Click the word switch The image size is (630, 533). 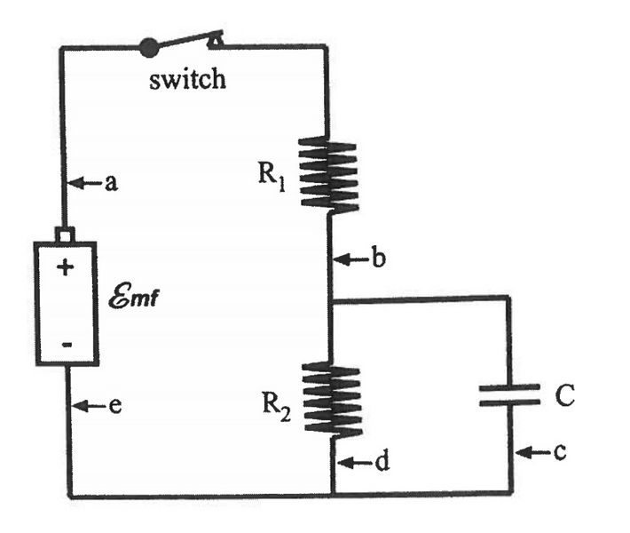point(187,79)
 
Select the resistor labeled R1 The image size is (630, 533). point(328,174)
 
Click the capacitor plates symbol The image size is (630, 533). point(509,394)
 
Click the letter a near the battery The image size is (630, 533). point(112,183)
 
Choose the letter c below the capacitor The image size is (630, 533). point(559,453)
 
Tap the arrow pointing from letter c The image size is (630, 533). point(531,453)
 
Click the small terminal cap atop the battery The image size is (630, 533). point(65,235)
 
